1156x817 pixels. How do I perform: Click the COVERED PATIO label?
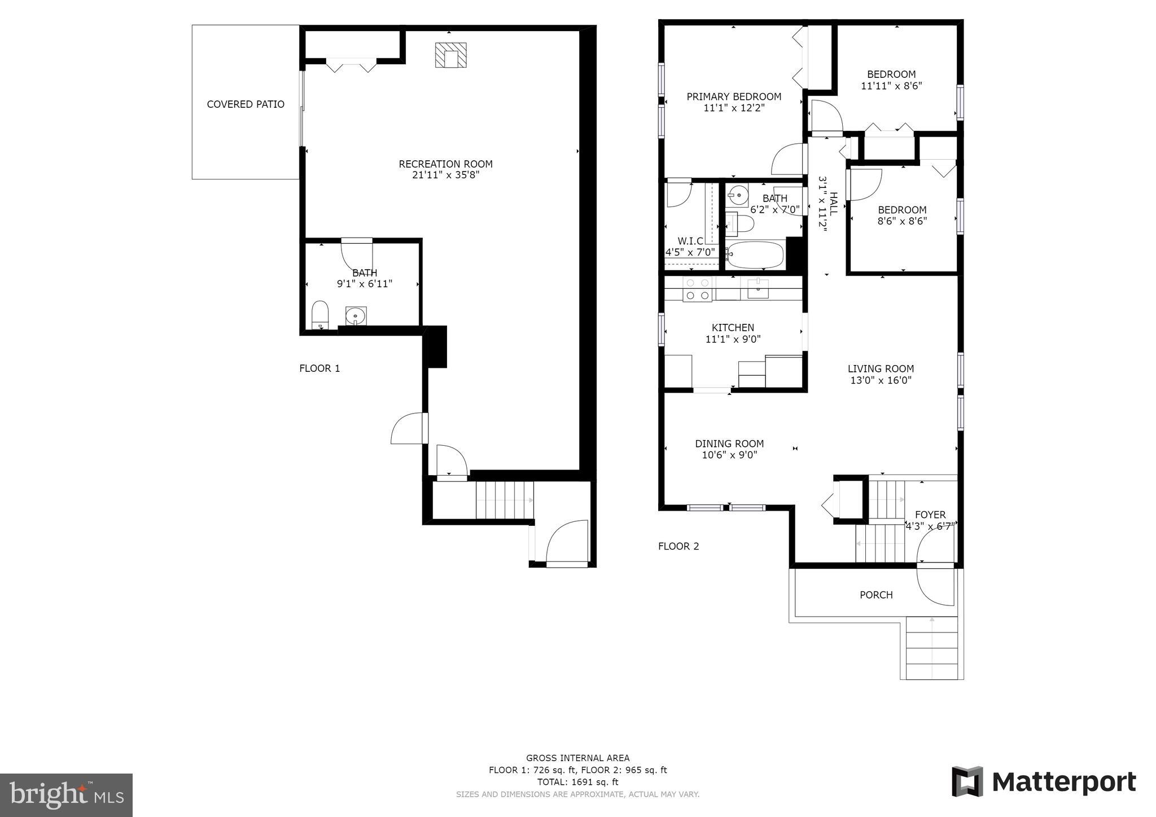(x=246, y=104)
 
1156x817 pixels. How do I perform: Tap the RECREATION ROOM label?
(x=446, y=164)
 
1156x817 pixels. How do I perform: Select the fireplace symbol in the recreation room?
(x=450, y=55)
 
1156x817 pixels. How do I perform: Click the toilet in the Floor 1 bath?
(x=320, y=314)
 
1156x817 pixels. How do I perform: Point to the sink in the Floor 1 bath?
(x=356, y=316)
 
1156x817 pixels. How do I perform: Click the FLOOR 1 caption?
(x=319, y=368)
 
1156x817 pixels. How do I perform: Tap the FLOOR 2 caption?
(x=678, y=546)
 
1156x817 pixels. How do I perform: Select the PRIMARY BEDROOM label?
(x=734, y=96)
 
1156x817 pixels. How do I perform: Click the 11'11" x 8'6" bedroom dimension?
(x=891, y=86)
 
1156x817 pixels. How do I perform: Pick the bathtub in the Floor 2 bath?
(x=755, y=255)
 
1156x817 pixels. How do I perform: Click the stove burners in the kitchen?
(x=697, y=289)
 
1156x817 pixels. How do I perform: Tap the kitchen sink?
(x=757, y=288)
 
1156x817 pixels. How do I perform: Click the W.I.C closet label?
(x=690, y=241)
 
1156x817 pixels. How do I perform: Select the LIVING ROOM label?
(x=881, y=369)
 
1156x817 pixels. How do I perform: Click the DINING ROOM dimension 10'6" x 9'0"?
(x=729, y=455)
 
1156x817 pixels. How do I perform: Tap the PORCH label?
(x=876, y=595)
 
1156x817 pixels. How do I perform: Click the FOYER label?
(x=930, y=515)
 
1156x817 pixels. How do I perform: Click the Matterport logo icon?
(x=967, y=781)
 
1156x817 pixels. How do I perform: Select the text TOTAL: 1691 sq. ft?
(x=577, y=782)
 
